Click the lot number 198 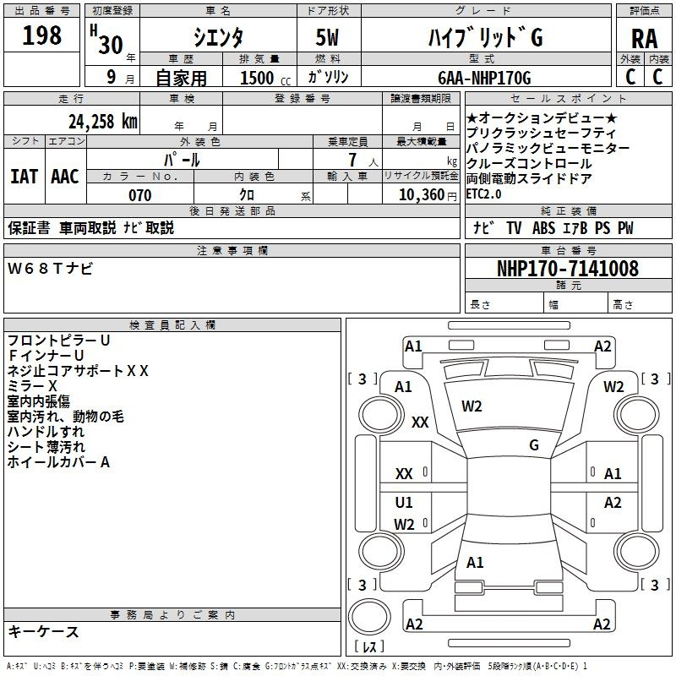(41, 35)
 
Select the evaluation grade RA (645, 39)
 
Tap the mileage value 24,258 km (103, 122)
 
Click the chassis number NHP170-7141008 (568, 269)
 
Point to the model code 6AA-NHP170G (484, 78)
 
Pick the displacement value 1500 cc (265, 78)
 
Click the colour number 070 (140, 195)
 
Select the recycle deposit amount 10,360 (422, 195)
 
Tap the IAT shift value (24, 177)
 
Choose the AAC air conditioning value (65, 177)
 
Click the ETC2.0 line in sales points (483, 194)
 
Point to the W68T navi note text (50, 269)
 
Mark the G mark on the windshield (534, 444)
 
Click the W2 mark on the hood (472, 406)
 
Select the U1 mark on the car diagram (404, 502)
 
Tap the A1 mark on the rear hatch (475, 562)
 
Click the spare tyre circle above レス (369, 617)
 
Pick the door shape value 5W (327, 37)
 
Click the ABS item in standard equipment (543, 227)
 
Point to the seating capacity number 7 (352, 160)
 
